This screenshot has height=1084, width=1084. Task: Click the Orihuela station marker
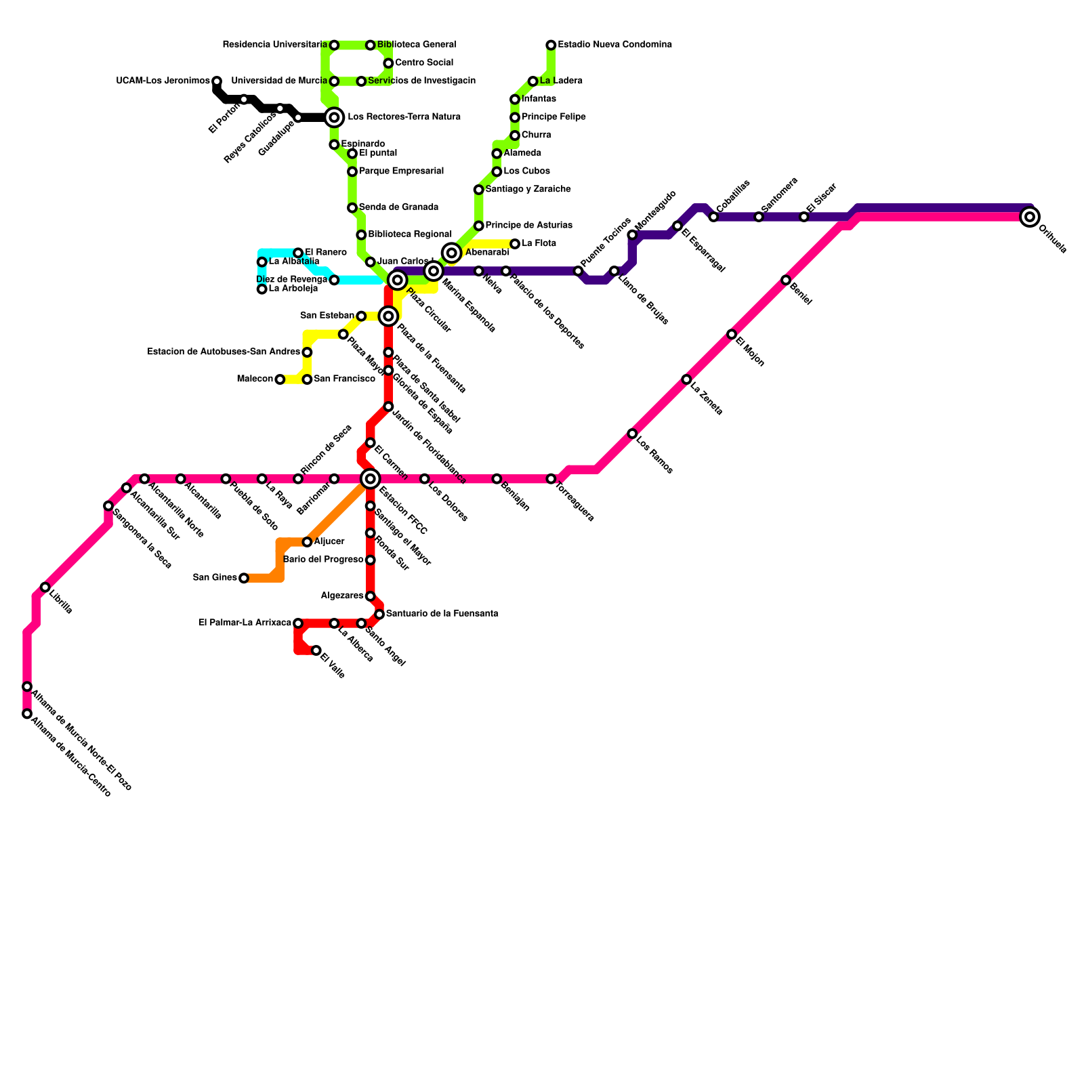click(x=1030, y=217)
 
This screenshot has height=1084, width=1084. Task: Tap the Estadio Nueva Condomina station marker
click(x=551, y=45)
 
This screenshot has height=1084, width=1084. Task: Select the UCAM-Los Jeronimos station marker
click(x=217, y=81)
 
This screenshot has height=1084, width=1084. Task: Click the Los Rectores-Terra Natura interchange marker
click(x=334, y=117)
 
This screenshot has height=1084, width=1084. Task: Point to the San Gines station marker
click(x=244, y=578)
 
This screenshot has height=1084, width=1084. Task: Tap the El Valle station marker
click(x=316, y=650)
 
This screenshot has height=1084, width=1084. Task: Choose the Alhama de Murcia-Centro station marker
click(x=27, y=713)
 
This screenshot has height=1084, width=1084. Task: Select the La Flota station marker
click(x=515, y=244)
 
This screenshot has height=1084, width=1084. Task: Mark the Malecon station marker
click(x=280, y=379)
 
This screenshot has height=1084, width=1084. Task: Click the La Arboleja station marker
click(x=262, y=289)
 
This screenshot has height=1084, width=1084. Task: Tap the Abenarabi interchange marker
click(x=452, y=253)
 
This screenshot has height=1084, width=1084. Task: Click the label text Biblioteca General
click(x=417, y=45)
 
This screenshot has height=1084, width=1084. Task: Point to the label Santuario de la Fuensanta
click(x=442, y=614)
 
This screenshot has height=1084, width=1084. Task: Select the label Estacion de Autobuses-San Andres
click(x=224, y=352)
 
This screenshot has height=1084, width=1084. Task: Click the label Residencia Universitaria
click(x=274, y=45)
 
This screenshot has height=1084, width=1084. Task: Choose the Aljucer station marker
click(x=307, y=542)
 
